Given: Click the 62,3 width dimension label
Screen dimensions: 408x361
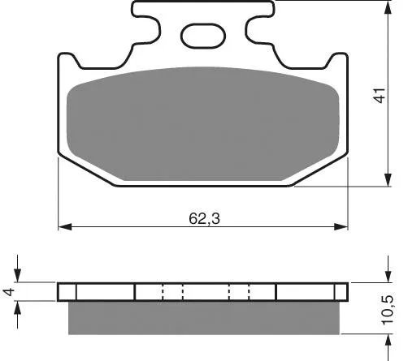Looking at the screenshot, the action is click(204, 218).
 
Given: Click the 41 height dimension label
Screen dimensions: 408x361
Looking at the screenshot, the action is click(380, 95).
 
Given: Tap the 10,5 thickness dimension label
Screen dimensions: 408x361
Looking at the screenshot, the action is click(387, 310).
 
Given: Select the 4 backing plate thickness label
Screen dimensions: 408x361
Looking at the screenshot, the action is click(8, 292).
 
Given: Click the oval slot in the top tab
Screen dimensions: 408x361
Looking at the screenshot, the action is click(203, 36).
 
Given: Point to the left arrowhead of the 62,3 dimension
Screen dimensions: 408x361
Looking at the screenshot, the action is click(65, 226).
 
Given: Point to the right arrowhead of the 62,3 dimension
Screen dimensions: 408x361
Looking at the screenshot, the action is click(341, 226).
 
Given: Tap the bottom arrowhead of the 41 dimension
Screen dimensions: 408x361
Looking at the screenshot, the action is click(388, 179).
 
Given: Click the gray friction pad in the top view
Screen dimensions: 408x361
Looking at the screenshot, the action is click(203, 124).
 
